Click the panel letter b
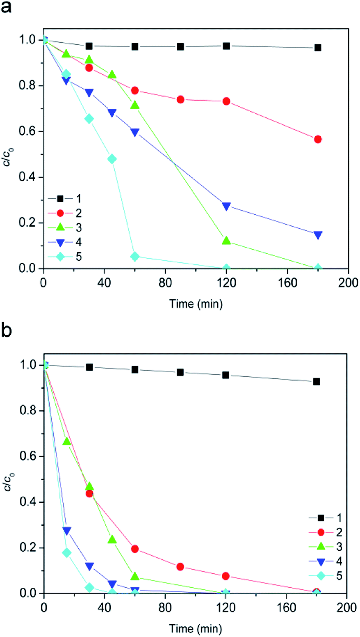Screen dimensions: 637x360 point(6,330)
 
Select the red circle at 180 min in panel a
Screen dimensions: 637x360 point(318,139)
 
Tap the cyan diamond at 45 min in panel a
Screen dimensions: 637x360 point(112,159)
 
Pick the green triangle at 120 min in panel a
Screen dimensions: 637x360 point(226,240)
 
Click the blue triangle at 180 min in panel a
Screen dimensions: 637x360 point(318,235)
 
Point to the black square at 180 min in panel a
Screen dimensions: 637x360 point(318,48)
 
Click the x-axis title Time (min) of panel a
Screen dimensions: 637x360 point(196,304)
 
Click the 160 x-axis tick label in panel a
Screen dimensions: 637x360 point(287,283)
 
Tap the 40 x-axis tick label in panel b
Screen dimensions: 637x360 point(104,607)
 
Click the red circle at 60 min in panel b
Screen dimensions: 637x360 point(135,549)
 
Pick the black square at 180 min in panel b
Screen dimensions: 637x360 point(316,382)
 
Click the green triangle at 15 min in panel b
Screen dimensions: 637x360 point(67,442)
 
